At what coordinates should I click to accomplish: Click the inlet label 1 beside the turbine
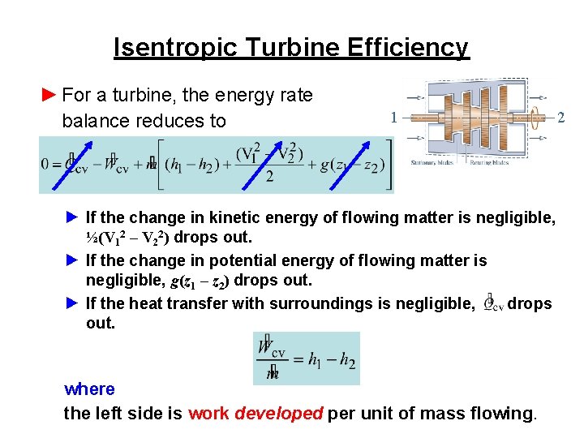pyautogui.click(x=393, y=117)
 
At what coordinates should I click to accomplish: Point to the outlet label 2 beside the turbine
pyautogui.click(x=561, y=117)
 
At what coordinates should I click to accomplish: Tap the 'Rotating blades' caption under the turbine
pyautogui.click(x=491, y=162)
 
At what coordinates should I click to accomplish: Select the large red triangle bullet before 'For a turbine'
pyautogui.click(x=49, y=95)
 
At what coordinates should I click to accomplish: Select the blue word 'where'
pyautogui.click(x=89, y=389)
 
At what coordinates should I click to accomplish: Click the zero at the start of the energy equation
pyautogui.click(x=46, y=163)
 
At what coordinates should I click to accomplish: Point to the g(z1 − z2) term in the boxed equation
pyautogui.click(x=351, y=164)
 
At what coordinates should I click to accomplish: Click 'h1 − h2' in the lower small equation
pyautogui.click(x=331, y=360)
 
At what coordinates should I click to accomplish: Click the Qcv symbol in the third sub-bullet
pyautogui.click(x=492, y=304)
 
